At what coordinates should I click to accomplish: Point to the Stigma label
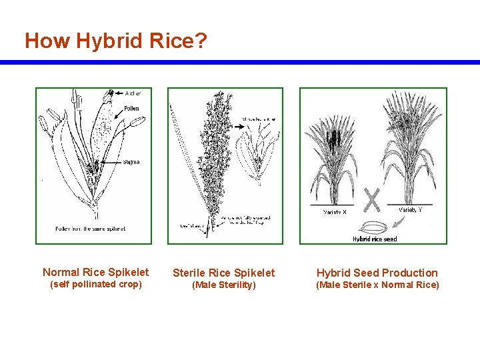click(x=131, y=163)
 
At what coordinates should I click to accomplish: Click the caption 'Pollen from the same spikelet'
click(x=91, y=229)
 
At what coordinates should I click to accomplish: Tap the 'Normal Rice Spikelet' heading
click(x=96, y=272)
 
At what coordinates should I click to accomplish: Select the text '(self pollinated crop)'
click(x=96, y=285)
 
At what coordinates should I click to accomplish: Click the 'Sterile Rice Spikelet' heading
click(x=223, y=273)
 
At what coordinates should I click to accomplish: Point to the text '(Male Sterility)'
click(x=223, y=285)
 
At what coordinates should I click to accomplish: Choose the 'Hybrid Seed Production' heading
click(x=377, y=273)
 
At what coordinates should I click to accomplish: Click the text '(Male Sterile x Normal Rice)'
click(x=377, y=285)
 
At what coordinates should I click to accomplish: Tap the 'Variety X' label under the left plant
click(x=335, y=212)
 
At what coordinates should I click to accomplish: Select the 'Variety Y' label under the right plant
click(x=411, y=210)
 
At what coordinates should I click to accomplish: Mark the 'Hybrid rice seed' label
click(x=375, y=239)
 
